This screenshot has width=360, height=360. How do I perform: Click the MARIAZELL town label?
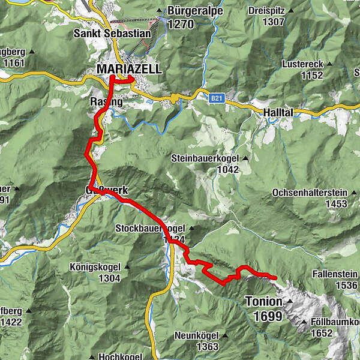tap(129, 70)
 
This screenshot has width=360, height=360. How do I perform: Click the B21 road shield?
tap(217, 97)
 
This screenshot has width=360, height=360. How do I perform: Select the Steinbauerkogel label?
tap(205, 158)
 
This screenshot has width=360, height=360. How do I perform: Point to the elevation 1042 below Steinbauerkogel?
tap(229, 169)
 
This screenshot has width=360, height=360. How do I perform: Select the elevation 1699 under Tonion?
tap(268, 316)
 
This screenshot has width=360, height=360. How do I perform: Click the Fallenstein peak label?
tap(334, 274)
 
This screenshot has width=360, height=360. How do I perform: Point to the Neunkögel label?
tap(195, 335)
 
